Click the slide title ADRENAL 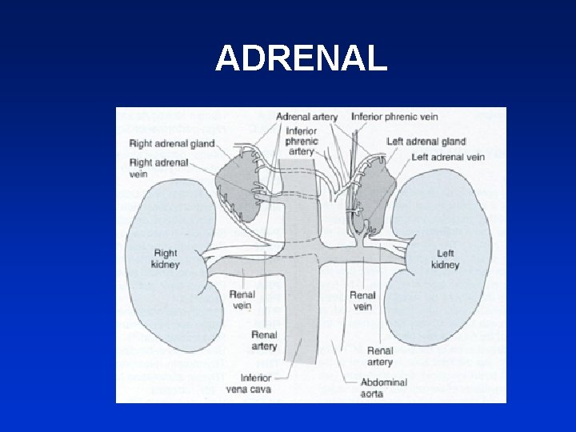click(x=301, y=58)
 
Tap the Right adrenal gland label click(x=171, y=144)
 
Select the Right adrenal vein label click(x=158, y=168)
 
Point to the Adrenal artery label click(x=306, y=117)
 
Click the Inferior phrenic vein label click(x=394, y=117)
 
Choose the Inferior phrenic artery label click(x=301, y=141)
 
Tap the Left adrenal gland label click(x=426, y=142)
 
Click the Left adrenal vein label click(x=448, y=157)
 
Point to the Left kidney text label click(x=445, y=259)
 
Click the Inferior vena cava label click(x=248, y=383)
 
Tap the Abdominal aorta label click(x=384, y=388)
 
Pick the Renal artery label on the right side click(x=380, y=356)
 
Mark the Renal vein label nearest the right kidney click(x=242, y=300)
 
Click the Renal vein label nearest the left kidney click(x=362, y=301)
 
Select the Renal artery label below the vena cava click(x=264, y=341)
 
